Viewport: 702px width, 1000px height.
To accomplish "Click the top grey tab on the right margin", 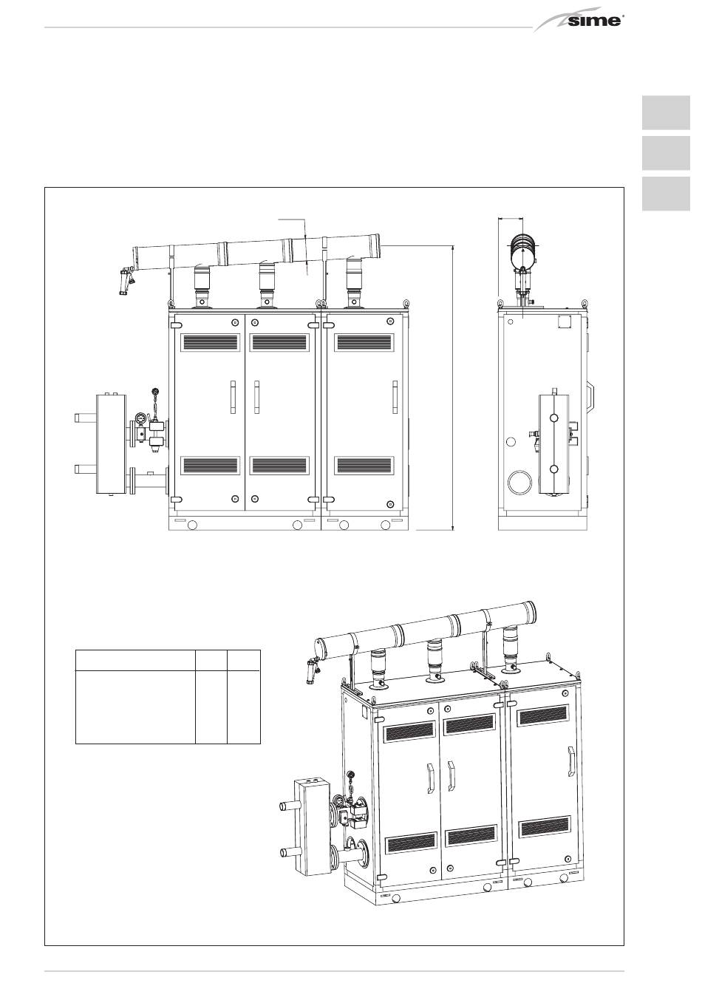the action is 666,112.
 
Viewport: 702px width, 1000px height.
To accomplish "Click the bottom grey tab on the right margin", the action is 666,194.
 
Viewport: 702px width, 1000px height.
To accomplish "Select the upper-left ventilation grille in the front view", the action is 210,342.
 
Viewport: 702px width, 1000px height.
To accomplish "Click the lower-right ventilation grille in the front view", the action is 364,465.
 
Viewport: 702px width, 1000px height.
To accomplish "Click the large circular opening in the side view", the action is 520,482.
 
